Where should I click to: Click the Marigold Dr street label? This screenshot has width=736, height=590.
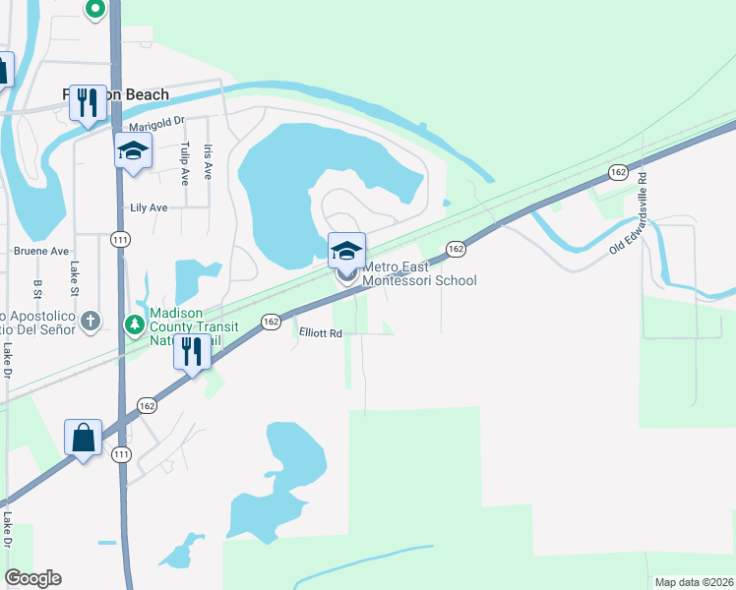(157, 122)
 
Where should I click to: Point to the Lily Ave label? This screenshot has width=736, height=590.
(150, 208)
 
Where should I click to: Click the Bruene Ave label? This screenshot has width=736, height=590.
(41, 251)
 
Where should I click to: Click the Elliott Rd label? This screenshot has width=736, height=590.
(321, 333)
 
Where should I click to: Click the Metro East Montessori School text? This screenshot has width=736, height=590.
(419, 273)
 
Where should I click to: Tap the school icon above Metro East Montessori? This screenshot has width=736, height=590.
(346, 251)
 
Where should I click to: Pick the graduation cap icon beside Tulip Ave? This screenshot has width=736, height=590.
(133, 150)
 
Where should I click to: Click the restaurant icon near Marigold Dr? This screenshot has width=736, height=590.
(88, 102)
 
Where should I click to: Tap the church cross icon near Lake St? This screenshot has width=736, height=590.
(91, 320)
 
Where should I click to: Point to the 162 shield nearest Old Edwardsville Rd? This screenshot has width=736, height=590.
(617, 172)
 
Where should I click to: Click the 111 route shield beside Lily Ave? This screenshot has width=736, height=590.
(120, 239)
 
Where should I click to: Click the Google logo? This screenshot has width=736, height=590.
(32, 578)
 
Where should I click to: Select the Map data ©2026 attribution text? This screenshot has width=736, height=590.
(693, 582)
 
